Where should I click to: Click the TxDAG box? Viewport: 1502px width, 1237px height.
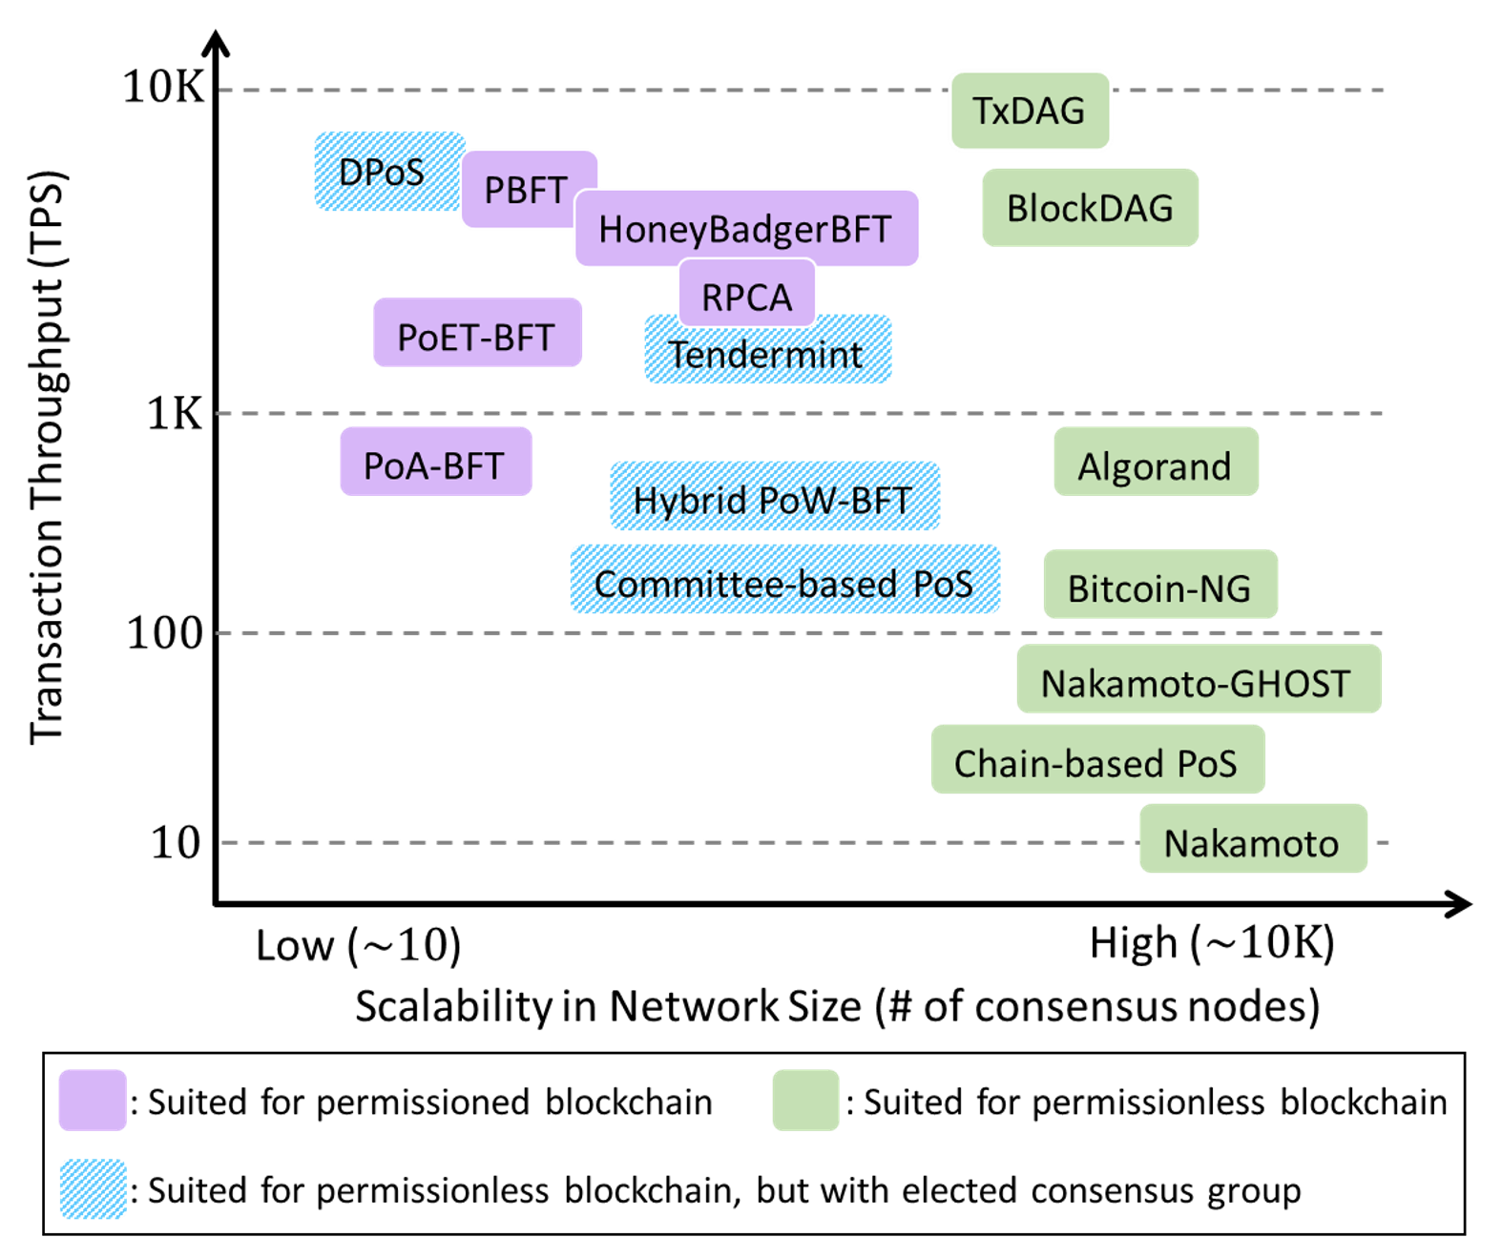click(x=1030, y=111)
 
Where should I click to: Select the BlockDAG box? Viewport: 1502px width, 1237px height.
click(x=1090, y=208)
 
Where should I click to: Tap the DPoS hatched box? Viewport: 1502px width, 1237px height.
click(x=382, y=172)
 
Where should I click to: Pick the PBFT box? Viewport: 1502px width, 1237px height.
click(x=526, y=190)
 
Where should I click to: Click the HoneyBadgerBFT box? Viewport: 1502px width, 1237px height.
click(x=745, y=229)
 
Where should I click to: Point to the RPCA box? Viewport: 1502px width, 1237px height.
click(x=747, y=297)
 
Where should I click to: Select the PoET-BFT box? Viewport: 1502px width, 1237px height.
click(x=476, y=337)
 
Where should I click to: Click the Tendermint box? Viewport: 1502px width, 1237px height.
click(x=767, y=355)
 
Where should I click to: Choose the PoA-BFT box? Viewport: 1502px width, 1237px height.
click(x=434, y=465)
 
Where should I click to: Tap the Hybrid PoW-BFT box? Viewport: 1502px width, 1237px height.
click(x=774, y=499)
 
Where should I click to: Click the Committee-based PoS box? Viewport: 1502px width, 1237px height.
click(x=784, y=583)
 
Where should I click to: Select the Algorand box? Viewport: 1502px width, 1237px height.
click(x=1155, y=466)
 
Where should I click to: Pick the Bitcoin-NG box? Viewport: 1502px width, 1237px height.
click(x=1159, y=588)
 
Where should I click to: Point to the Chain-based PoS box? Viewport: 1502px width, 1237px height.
click(x=1096, y=763)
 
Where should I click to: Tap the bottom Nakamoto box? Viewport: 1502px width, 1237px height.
click(x=1252, y=843)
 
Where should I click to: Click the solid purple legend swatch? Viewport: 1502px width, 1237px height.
click(x=93, y=1100)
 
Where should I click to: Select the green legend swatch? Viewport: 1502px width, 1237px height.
click(x=805, y=1100)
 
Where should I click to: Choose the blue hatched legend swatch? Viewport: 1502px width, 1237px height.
click(x=93, y=1188)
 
